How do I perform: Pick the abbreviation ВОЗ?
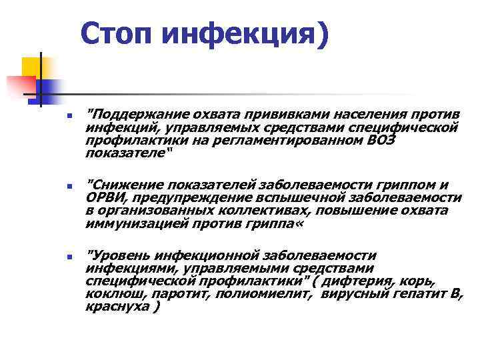(381, 140)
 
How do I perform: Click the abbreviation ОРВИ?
(103, 197)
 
